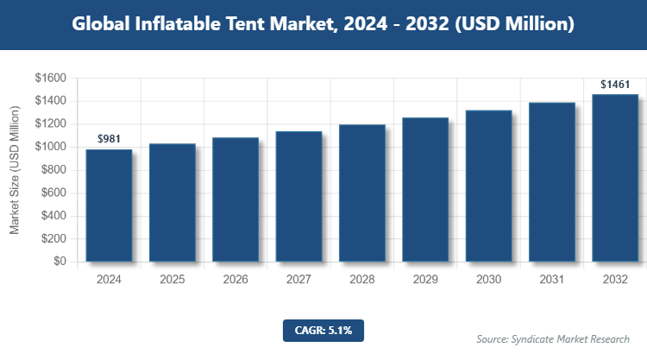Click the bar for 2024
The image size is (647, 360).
point(109,205)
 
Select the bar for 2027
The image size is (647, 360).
point(298,196)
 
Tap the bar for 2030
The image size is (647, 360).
point(488,186)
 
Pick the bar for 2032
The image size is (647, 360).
point(614,178)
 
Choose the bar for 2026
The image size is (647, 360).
point(236,199)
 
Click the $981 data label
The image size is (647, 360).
point(109,138)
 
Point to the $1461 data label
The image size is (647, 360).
point(614,84)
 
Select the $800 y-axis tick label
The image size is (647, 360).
point(53,170)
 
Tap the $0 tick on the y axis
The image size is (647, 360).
point(60,262)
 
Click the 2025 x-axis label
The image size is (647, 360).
point(173,280)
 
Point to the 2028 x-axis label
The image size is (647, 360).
point(361,280)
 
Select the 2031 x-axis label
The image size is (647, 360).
point(551,280)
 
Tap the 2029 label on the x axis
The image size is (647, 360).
point(425,280)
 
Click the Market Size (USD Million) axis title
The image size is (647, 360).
point(15,170)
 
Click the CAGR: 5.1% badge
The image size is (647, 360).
point(323,330)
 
